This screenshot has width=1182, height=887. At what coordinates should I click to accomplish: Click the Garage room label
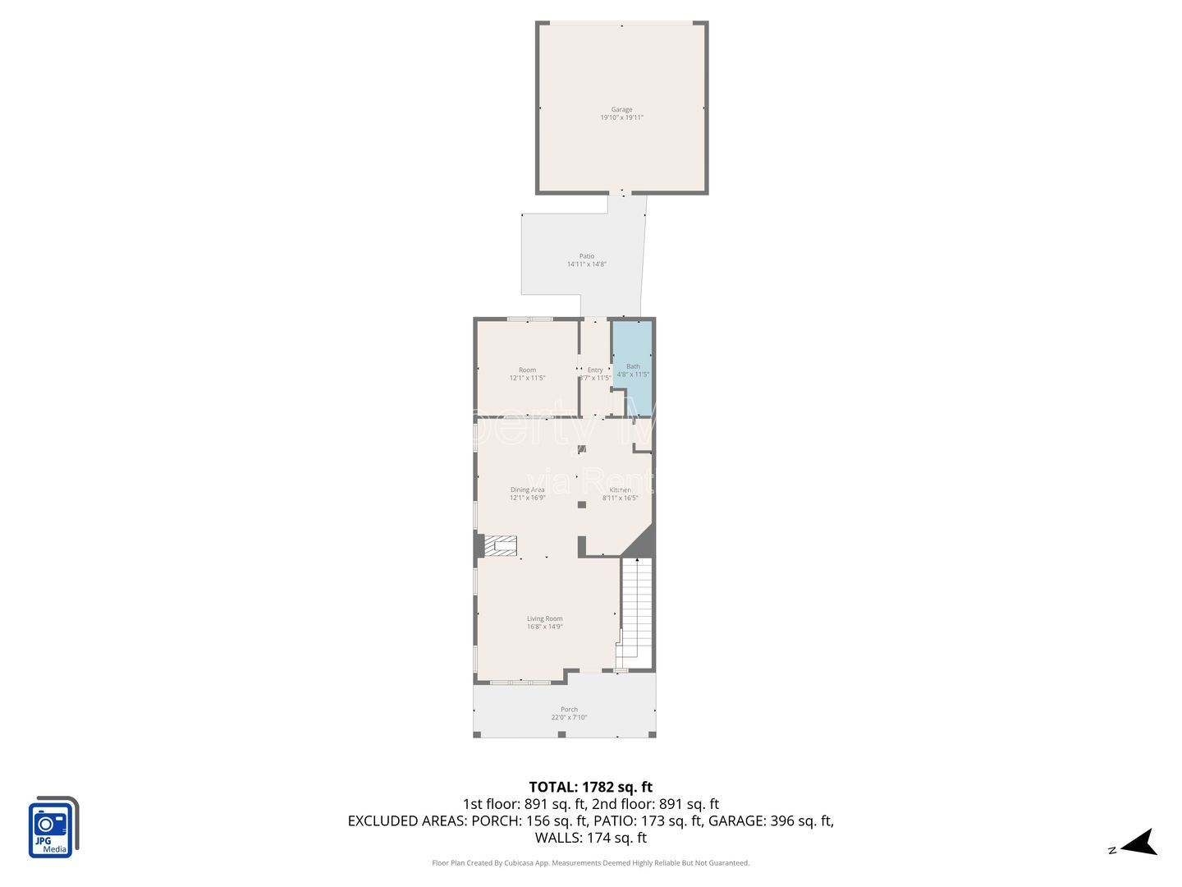[x=621, y=109]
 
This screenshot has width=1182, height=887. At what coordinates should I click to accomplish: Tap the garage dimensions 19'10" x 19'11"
[x=621, y=117]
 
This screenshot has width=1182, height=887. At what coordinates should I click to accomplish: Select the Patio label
[x=586, y=256]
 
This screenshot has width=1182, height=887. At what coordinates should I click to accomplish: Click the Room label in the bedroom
[x=527, y=370]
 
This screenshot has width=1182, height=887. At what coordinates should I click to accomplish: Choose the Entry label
[x=595, y=370]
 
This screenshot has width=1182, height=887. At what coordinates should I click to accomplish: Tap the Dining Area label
[x=527, y=489]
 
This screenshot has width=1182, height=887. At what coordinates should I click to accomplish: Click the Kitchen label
[x=620, y=489]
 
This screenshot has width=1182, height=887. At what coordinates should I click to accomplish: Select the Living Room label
[x=544, y=618]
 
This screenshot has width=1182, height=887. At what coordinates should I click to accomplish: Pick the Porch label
[x=569, y=709]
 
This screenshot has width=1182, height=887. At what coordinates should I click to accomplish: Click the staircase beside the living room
[x=637, y=612]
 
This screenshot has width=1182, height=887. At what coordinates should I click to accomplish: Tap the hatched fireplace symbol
[x=500, y=545]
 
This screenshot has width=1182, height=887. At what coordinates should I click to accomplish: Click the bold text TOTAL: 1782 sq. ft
[x=590, y=787]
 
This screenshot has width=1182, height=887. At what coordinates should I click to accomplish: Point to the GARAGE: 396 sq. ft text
[x=771, y=820]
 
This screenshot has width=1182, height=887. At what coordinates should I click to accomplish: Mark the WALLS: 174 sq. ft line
[x=590, y=838]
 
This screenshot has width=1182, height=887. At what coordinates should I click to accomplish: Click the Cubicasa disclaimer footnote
[x=590, y=863]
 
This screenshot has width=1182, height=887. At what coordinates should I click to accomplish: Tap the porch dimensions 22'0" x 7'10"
[x=569, y=718]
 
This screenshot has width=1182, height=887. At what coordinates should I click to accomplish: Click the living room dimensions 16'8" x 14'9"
[x=544, y=627]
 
